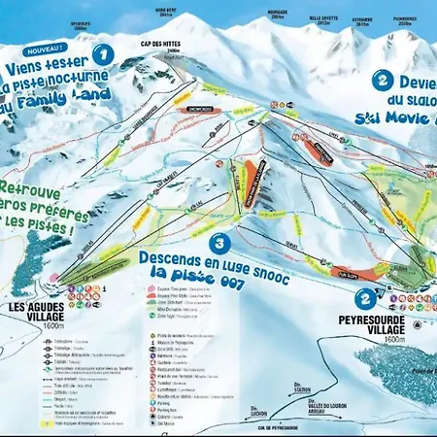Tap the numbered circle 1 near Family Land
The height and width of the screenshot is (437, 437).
pyautogui.click(x=102, y=53)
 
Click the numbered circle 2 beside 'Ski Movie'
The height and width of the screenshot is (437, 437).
pyautogui.click(x=385, y=82)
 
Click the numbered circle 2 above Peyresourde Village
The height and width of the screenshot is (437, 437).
pyautogui.click(x=364, y=299)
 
